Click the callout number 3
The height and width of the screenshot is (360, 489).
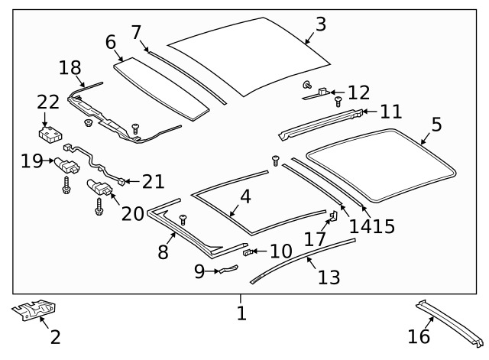pyautogui.click(x=321, y=24)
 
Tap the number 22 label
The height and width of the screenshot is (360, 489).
pyautogui.click(x=48, y=102)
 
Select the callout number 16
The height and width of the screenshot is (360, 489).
pyautogui.click(x=419, y=336)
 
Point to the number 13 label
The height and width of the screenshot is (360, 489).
pyautogui.click(x=329, y=277)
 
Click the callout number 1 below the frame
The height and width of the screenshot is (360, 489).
pyautogui.click(x=241, y=313)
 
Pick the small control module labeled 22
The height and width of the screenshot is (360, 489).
pyautogui.click(x=50, y=135)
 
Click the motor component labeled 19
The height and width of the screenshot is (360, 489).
pyautogui.click(x=67, y=165)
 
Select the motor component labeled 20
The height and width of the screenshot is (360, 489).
pyautogui.click(x=99, y=187)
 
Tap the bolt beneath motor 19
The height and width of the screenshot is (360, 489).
pyautogui.click(x=66, y=185)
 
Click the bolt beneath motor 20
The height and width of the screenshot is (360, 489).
pyautogui.click(x=99, y=206)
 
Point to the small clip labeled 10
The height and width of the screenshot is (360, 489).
pyautogui.click(x=248, y=251)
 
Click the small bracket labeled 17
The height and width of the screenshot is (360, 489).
pyautogui.click(x=334, y=216)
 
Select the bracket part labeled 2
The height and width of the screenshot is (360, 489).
pyautogui.click(x=34, y=310)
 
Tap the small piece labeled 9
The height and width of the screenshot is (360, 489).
pyautogui.click(x=229, y=269)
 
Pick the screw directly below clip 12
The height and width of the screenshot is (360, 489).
pyautogui.click(x=338, y=102)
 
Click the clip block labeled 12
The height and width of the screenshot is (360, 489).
pyautogui.click(x=322, y=92)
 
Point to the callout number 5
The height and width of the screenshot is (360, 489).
pyautogui.click(x=436, y=124)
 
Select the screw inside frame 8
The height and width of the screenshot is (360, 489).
pyautogui.click(x=183, y=219)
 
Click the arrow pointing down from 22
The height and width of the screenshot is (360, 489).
pyautogui.click(x=45, y=119)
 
